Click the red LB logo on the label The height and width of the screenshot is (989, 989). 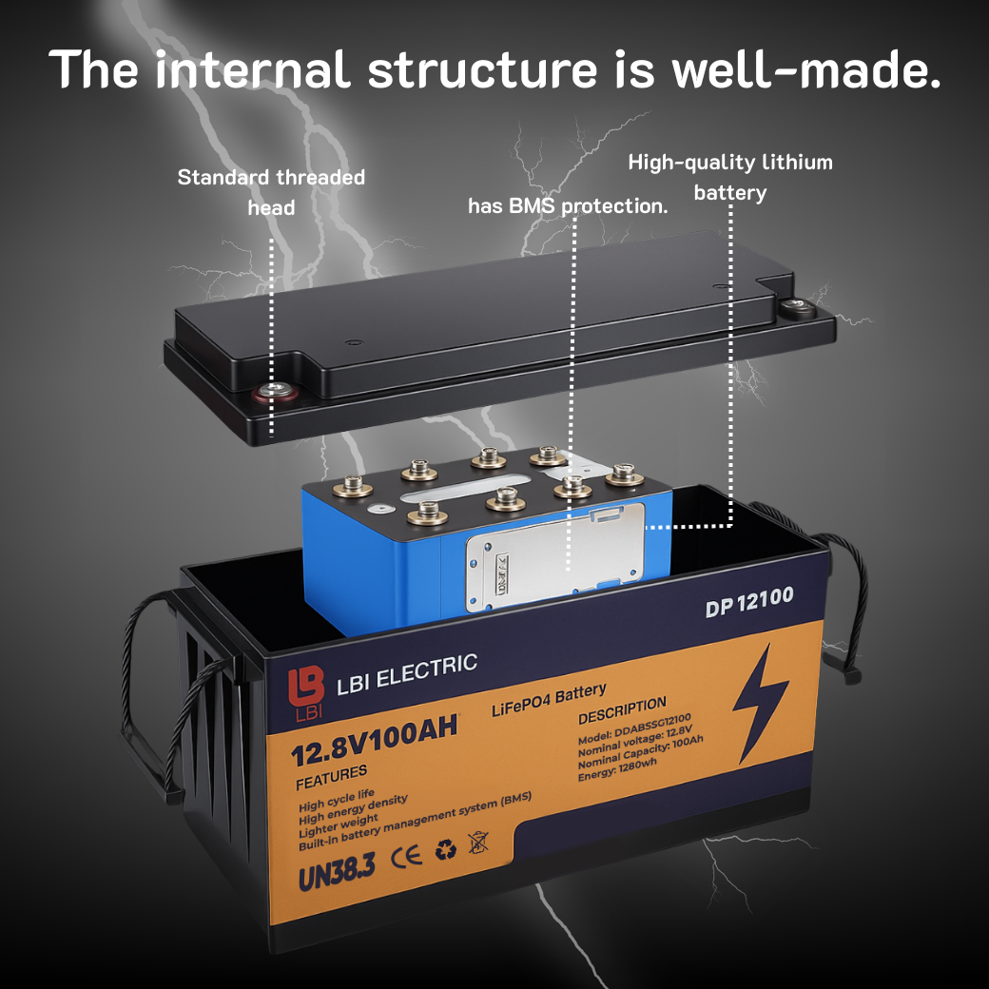(x=306, y=692)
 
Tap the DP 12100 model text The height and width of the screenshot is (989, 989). (x=749, y=601)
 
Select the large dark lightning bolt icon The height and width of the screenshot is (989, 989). (x=760, y=703)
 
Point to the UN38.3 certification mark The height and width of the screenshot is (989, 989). (x=337, y=871)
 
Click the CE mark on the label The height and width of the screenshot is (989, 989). (x=406, y=857)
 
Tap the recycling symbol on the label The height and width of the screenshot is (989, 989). (x=446, y=849)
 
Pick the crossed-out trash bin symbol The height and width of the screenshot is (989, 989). (x=478, y=842)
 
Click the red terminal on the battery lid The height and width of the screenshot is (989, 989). (x=275, y=393)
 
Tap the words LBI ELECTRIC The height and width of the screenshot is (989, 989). (x=407, y=673)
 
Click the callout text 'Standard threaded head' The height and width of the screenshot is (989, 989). (x=271, y=192)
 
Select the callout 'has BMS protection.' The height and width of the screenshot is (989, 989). (x=568, y=205)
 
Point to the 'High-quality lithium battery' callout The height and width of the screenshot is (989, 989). (x=730, y=177)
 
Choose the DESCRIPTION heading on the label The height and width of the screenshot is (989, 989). (x=622, y=711)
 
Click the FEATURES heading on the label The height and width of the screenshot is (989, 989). (x=331, y=778)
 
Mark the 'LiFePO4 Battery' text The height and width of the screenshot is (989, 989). (x=549, y=700)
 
